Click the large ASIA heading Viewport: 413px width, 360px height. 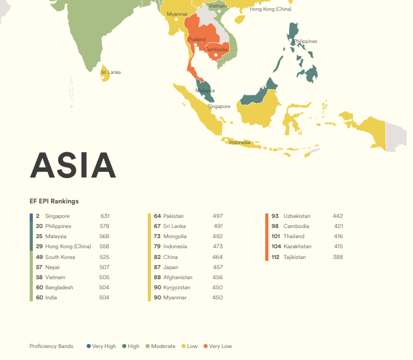click(x=73, y=165)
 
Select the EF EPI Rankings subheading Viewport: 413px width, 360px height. click(x=54, y=201)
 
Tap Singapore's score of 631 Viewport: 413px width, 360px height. click(x=105, y=216)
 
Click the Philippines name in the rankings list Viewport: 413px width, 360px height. click(x=58, y=226)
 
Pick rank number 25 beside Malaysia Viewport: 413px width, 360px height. click(x=39, y=236)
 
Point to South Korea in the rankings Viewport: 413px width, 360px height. click(x=60, y=257)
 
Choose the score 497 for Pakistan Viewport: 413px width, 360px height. click(x=218, y=216)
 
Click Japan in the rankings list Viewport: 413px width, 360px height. click(x=171, y=267)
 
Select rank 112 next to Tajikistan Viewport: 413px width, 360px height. click(x=275, y=257)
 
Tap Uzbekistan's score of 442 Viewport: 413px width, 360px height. click(x=338, y=216)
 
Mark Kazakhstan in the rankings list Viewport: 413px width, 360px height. click(x=297, y=246)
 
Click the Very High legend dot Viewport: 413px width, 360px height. click(x=88, y=346)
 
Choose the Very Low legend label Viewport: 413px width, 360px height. click(x=220, y=346)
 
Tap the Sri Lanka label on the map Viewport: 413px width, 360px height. click(x=111, y=72)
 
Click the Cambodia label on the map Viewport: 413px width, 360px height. click(x=217, y=49)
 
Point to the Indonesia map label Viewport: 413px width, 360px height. click(x=239, y=142)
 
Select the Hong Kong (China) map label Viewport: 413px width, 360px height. click(x=270, y=9)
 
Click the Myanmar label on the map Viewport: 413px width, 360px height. click(x=177, y=14)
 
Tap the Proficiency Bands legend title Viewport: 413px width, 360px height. click(x=51, y=346)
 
